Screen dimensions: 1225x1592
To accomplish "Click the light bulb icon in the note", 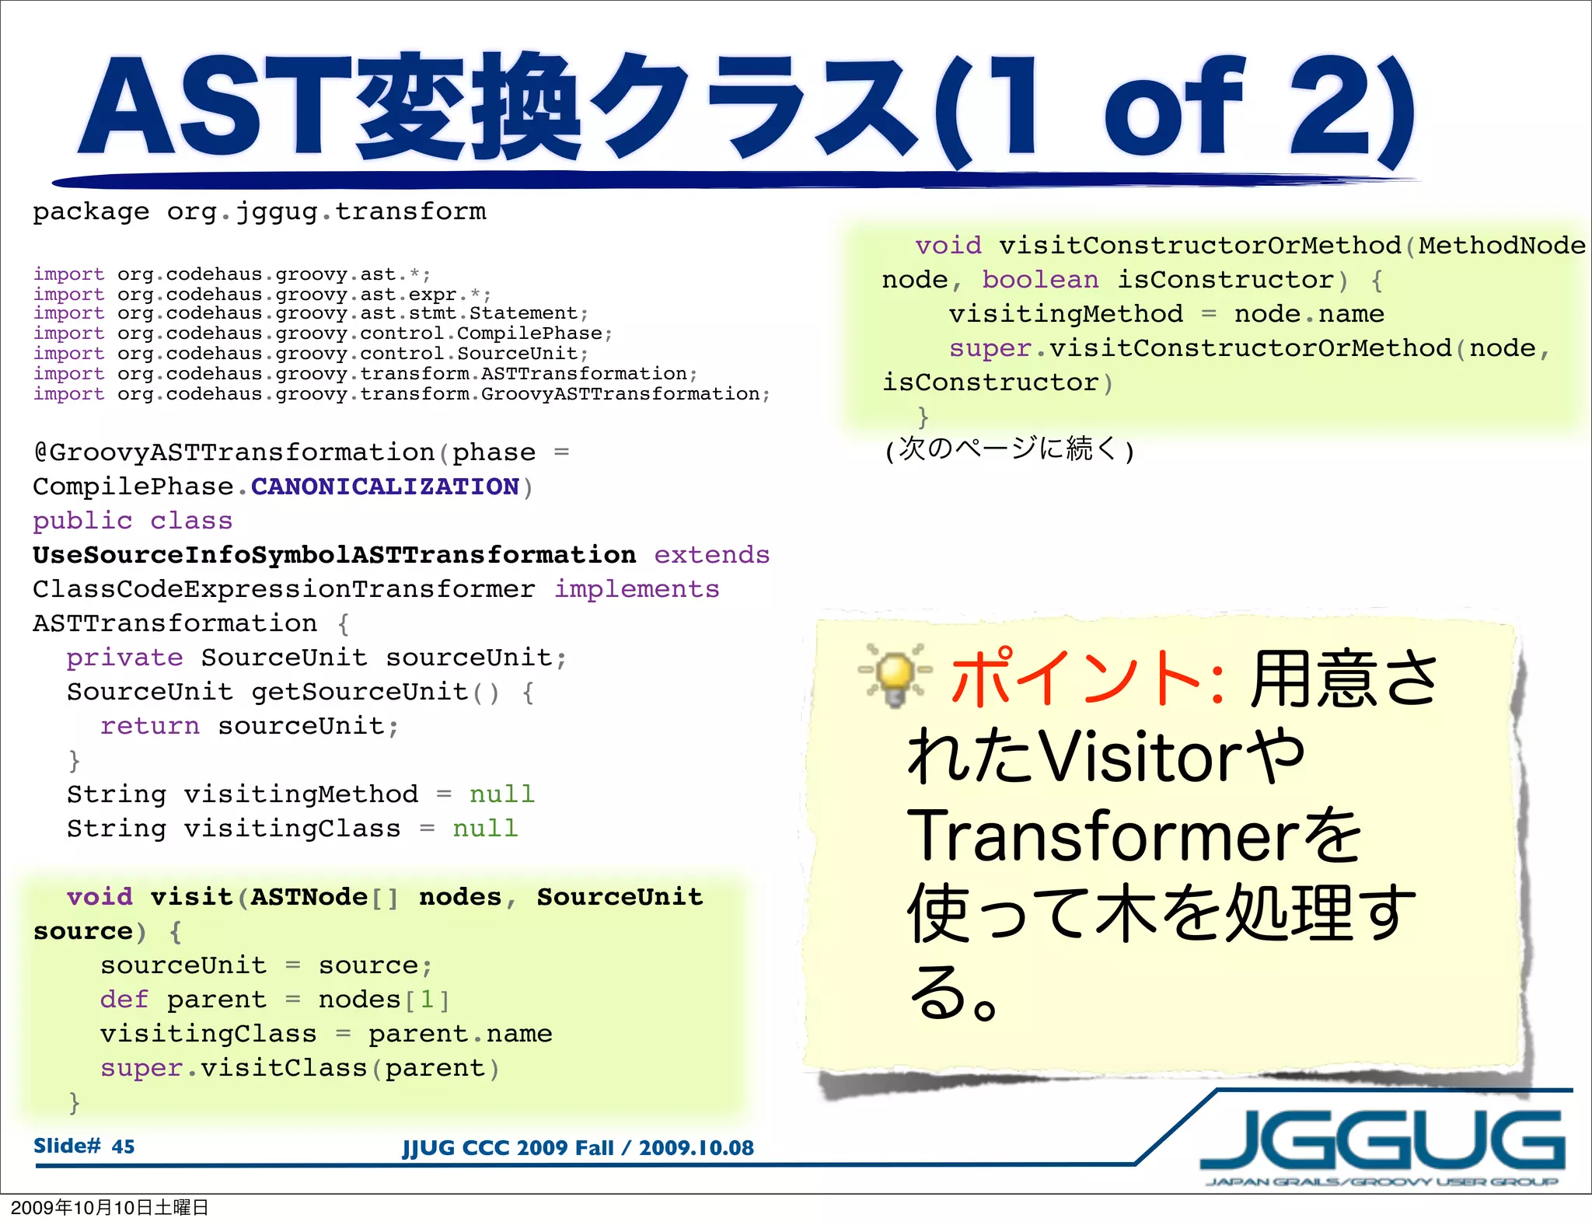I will (895, 674).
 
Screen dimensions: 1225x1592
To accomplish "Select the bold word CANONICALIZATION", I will (385, 487).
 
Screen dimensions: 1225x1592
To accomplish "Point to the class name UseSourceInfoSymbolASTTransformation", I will (334, 556).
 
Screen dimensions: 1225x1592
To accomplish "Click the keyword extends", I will (711, 556).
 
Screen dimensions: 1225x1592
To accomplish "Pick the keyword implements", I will (637, 590).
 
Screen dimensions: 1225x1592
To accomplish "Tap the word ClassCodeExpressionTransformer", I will (284, 590).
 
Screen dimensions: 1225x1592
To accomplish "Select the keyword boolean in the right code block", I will (1040, 280).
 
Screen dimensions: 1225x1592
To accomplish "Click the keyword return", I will (150, 727).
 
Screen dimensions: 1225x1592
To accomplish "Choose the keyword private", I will (124, 658).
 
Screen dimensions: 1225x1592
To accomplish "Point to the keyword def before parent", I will (124, 1000).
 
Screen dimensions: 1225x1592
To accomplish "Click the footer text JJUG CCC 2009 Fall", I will (508, 1148).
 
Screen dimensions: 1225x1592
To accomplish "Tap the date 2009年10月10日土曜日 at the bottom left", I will (110, 1207).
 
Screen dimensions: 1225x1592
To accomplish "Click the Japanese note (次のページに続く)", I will (1009, 450).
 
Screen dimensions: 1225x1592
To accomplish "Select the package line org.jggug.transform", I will (260, 211).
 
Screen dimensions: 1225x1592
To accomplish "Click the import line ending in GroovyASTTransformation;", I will (401, 394).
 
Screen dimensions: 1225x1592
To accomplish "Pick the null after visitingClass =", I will (485, 829).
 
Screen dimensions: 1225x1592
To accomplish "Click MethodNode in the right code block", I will (1501, 246).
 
